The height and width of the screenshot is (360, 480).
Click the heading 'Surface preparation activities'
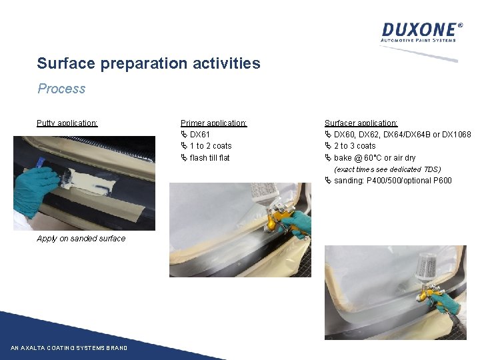tap(149, 64)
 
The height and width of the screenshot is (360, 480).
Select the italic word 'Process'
tap(61, 89)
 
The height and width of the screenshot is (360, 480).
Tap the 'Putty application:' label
tap(67, 123)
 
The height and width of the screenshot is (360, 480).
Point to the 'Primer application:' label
tap(214, 123)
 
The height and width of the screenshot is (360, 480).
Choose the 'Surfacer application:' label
tap(361, 123)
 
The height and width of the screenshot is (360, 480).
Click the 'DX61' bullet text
tap(200, 135)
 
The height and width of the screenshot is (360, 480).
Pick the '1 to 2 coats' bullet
tap(211, 146)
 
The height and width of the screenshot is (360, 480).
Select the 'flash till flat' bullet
tap(209, 158)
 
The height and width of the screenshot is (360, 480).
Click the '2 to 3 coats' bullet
tap(355, 146)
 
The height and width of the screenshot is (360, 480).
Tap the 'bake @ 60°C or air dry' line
tap(374, 158)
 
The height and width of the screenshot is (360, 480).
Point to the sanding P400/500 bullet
tap(393, 181)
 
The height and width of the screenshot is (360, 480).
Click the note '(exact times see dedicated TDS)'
tap(387, 169)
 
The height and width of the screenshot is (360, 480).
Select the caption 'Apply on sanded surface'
tap(81, 239)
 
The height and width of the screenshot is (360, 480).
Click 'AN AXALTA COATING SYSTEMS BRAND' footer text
tap(69, 348)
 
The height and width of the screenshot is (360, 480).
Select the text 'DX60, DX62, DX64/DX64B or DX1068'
tap(402, 135)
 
